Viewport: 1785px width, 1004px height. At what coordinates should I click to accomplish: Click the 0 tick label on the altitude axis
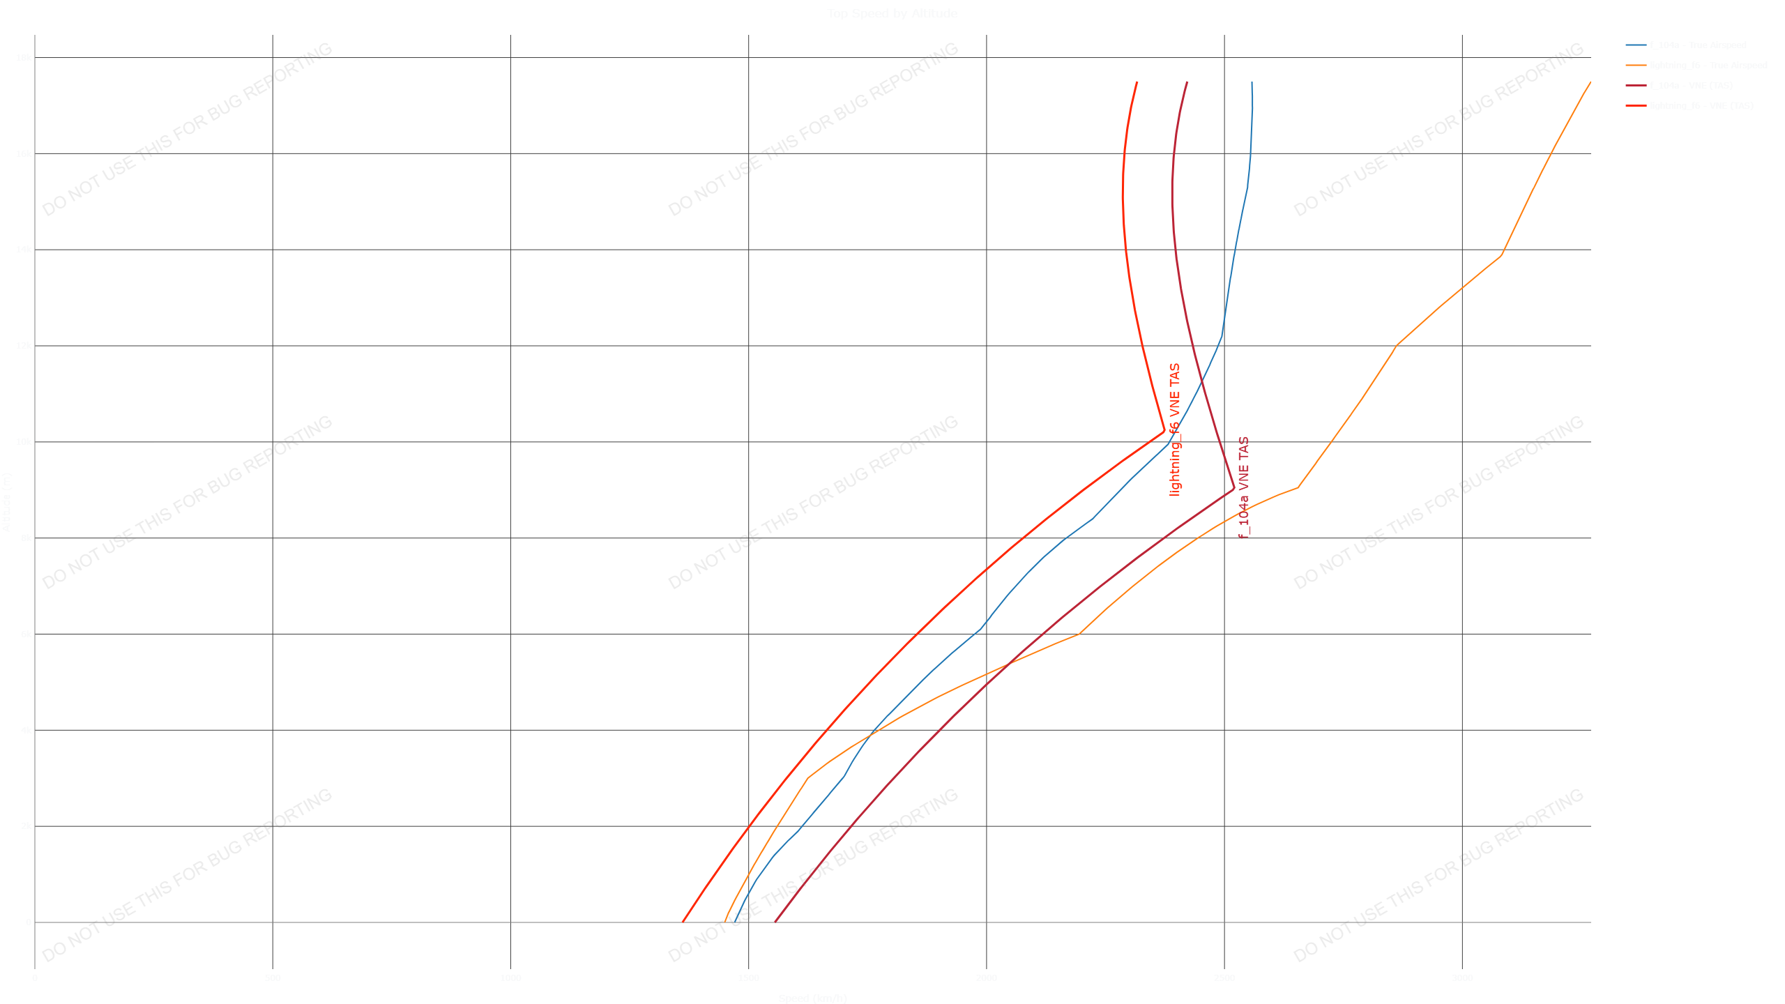pyautogui.click(x=29, y=922)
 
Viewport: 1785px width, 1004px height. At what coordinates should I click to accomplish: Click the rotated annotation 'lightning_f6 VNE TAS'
pyautogui.click(x=1175, y=429)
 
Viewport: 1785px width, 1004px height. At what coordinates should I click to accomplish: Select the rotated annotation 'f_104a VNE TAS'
pyautogui.click(x=1244, y=487)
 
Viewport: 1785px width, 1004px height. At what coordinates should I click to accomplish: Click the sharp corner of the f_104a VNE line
pyautogui.click(x=1235, y=488)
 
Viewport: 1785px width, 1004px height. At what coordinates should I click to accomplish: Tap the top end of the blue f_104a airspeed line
pyautogui.click(x=1252, y=82)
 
